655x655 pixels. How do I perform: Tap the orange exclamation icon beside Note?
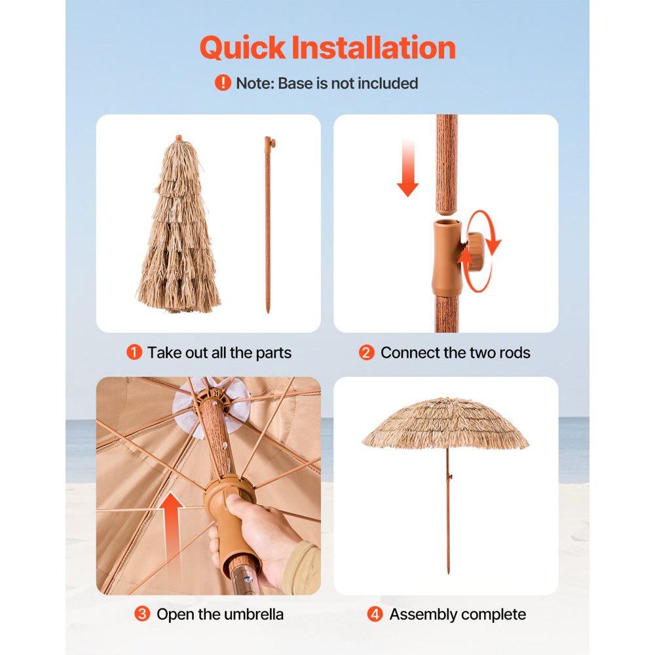point(223,83)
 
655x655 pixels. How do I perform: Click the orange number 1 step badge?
point(134,352)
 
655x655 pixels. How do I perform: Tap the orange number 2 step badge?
point(367,352)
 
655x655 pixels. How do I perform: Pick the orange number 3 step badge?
point(142,614)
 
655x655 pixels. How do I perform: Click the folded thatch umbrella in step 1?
point(178,229)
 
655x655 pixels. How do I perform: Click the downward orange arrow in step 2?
point(407,168)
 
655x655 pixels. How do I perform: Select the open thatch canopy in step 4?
point(445,423)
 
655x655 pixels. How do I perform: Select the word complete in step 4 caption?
point(495,614)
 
